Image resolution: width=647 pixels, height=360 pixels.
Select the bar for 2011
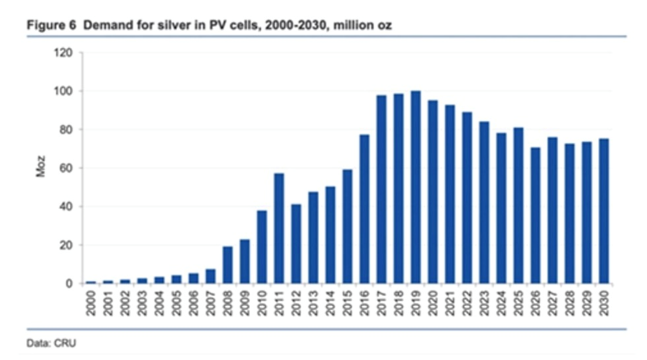pos(279,228)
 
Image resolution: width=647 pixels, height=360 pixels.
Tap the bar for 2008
pos(228,265)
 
